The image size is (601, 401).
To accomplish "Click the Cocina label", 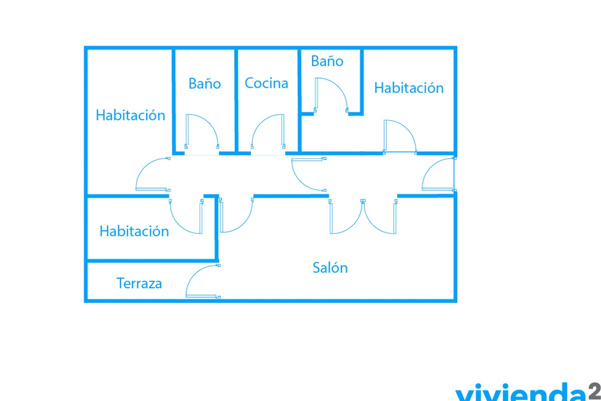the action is (x=266, y=83).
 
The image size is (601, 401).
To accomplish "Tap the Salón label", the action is (x=330, y=268).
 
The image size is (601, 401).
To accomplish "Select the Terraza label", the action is (x=139, y=283).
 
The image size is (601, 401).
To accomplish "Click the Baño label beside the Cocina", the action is (x=205, y=83).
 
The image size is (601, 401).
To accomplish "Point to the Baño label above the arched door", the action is (x=327, y=61).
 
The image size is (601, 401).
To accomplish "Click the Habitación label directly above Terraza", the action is (x=134, y=231).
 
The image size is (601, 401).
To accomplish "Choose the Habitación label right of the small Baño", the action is (x=409, y=88).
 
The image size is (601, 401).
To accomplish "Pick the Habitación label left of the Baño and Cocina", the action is (x=130, y=115).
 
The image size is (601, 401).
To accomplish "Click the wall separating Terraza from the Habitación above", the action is (x=152, y=261).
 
